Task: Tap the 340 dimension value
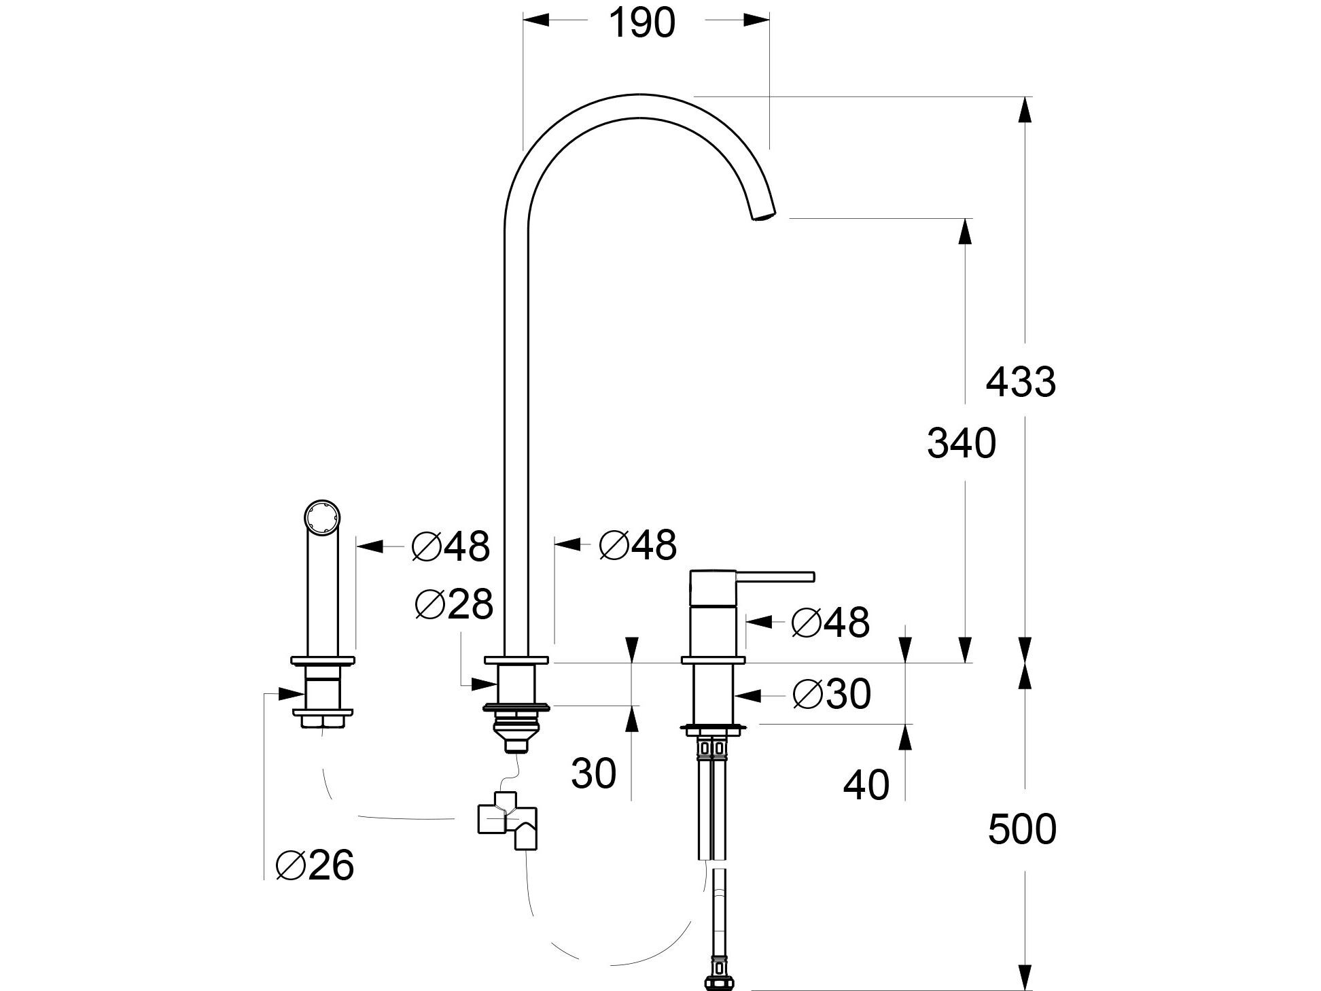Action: [961, 444]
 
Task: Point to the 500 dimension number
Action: [1022, 829]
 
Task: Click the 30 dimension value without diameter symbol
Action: [593, 773]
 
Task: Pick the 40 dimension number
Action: [866, 785]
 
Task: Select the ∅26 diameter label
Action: [315, 865]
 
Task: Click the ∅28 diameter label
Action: [453, 604]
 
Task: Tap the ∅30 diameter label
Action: [831, 695]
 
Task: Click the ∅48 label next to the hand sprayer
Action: [450, 546]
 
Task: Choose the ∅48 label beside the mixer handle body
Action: [830, 621]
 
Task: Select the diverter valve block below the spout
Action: [507, 821]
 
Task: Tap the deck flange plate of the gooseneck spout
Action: [516, 659]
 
